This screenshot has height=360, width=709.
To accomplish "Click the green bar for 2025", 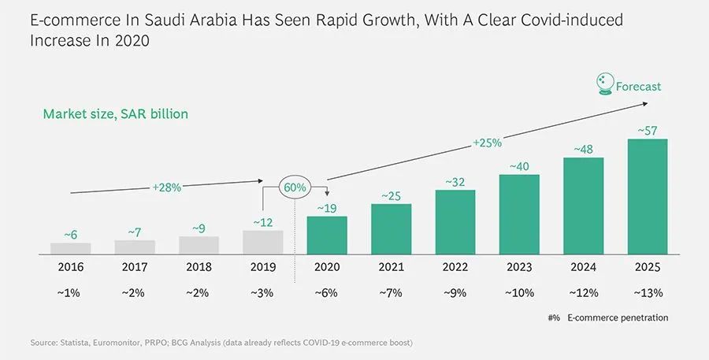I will pos(648,196).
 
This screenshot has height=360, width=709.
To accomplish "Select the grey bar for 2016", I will pos(71,248).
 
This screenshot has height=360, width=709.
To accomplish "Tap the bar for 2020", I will pos(327,235).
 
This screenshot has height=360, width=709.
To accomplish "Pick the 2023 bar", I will pos(519,213).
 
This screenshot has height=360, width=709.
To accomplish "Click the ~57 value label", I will pos(648,129).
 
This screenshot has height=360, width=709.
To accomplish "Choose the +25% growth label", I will pos(488,143).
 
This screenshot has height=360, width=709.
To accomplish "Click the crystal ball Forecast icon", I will pos(604,84).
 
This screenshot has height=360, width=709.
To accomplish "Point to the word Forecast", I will pos(638,87).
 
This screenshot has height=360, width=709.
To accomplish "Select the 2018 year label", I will pos(199,267).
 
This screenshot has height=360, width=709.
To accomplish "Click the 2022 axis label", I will pos(455,267).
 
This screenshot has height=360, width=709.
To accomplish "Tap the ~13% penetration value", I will pos(648,292).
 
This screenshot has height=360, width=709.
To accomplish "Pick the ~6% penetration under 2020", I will pos(327,292).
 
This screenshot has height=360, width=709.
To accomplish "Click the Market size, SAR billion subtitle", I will pos(115,114).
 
